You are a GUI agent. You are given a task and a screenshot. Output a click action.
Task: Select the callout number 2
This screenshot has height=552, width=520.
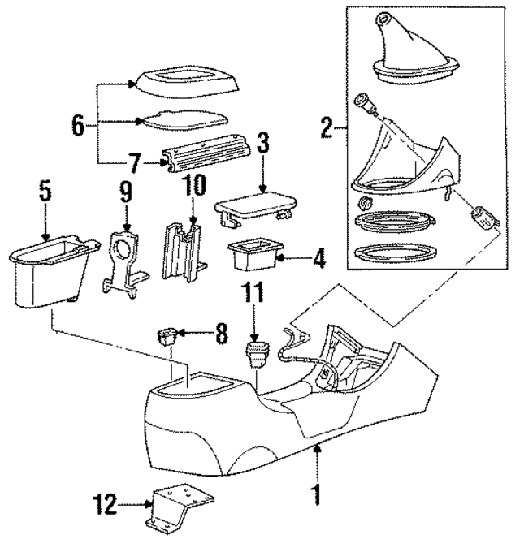coord(325,127)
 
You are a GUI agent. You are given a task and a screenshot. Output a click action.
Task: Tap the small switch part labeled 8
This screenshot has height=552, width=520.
coord(169,334)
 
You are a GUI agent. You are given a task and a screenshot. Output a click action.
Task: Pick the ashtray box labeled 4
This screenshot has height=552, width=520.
coord(253,256)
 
